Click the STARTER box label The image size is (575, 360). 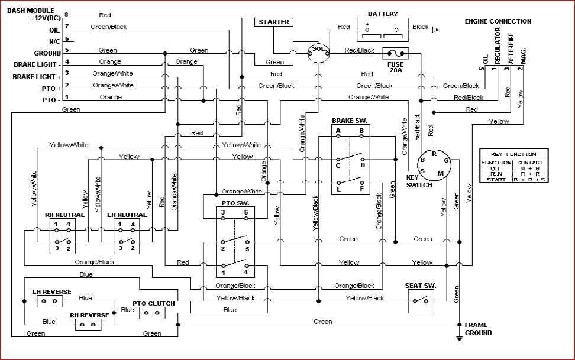click(x=274, y=22)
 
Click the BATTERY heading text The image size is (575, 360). click(x=383, y=14)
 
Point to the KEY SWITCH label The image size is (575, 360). click(x=419, y=181)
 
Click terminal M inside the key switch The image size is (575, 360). click(x=440, y=172)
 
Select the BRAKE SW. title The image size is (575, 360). click(x=350, y=120)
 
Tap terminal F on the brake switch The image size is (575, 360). click(x=361, y=190)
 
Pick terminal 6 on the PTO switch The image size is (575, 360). click(x=245, y=212)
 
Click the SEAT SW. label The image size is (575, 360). click(x=421, y=286)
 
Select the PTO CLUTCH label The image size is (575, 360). click(x=153, y=304)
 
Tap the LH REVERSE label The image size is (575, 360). click(x=51, y=291)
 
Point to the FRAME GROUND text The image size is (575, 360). click(x=478, y=329)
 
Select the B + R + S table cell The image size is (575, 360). click(x=529, y=179)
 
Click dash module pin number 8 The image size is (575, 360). click(x=66, y=14)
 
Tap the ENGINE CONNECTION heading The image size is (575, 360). click(x=498, y=21)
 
